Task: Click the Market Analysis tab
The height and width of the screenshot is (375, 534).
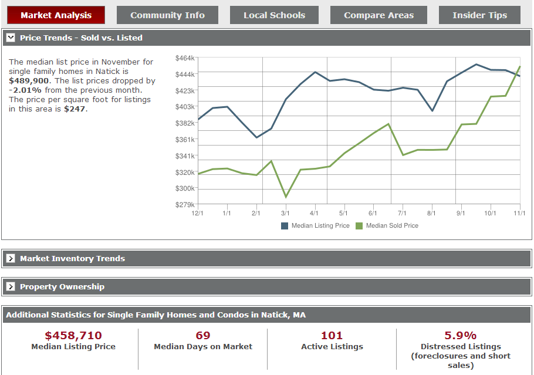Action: (x=56, y=15)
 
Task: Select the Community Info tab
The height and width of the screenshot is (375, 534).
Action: (x=167, y=15)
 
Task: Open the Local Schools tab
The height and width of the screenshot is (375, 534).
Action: (x=274, y=15)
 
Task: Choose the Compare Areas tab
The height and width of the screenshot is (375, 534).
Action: (x=378, y=15)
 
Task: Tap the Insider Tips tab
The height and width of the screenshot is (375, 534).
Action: (x=479, y=15)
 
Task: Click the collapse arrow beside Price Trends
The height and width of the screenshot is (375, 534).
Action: (x=11, y=38)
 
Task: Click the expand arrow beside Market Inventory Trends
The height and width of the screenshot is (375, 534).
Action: (x=11, y=259)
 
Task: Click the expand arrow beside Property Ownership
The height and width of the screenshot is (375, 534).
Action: (x=11, y=287)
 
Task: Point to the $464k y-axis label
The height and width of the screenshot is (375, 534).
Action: (x=185, y=58)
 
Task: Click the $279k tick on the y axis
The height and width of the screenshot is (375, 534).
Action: (x=185, y=205)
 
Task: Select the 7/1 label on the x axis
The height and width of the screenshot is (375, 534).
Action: (x=402, y=214)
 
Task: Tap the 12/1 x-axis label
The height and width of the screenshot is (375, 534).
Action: (x=197, y=214)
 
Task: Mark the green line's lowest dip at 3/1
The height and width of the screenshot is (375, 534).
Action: (x=286, y=197)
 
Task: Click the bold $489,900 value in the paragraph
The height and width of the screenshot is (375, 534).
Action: (x=29, y=81)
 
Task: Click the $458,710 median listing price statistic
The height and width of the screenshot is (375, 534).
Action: (x=73, y=336)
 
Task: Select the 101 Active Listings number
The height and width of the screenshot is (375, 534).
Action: (x=332, y=336)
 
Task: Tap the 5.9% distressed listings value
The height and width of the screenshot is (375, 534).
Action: (x=461, y=336)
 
